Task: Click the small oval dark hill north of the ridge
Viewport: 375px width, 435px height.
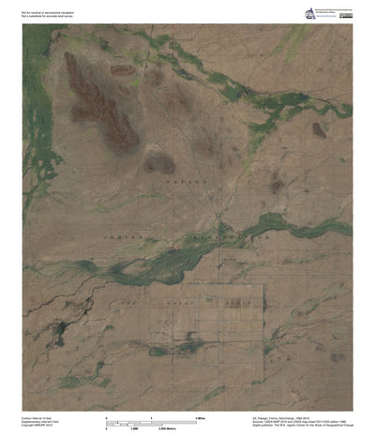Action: click(x=122, y=69)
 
